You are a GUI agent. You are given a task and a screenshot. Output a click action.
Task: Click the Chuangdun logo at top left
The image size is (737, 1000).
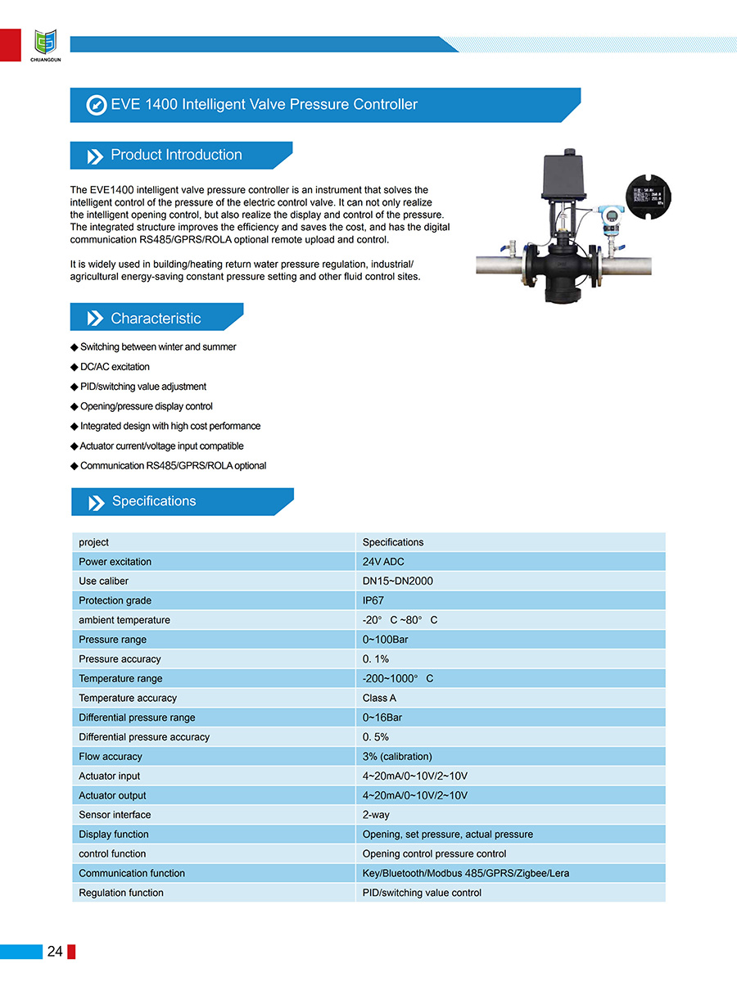pyautogui.click(x=46, y=43)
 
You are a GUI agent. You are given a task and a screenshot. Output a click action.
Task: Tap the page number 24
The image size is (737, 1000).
pyautogui.click(x=55, y=951)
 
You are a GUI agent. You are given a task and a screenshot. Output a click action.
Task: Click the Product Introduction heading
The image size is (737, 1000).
pyautogui.click(x=176, y=155)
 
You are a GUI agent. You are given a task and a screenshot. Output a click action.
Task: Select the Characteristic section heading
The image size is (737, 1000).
pyautogui.click(x=156, y=319)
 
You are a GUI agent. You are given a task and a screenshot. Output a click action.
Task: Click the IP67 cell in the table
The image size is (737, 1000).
pyautogui.click(x=373, y=600)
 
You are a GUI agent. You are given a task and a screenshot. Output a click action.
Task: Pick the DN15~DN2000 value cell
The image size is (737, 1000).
pyautogui.click(x=398, y=581)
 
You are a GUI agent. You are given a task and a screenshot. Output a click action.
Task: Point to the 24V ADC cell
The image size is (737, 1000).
pyautogui.click(x=383, y=562)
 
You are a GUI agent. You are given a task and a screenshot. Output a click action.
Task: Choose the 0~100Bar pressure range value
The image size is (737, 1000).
pyautogui.click(x=385, y=640)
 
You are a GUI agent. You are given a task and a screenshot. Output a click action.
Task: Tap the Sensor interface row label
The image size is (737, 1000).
pyautogui.click(x=115, y=815)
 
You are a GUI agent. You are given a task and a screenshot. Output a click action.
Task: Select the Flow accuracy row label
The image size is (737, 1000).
pyautogui.click(x=111, y=757)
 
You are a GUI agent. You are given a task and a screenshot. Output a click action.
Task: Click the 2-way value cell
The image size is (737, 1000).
pyautogui.click(x=376, y=815)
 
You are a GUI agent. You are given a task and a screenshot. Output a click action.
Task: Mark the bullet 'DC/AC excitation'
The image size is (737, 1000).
pyautogui.click(x=115, y=367)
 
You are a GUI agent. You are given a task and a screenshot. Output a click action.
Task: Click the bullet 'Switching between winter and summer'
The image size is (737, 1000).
pyautogui.click(x=158, y=347)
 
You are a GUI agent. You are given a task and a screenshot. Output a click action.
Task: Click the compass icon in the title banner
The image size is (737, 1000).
pyautogui.click(x=97, y=105)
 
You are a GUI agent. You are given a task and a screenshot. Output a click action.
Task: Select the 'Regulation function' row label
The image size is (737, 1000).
pyautogui.click(x=121, y=893)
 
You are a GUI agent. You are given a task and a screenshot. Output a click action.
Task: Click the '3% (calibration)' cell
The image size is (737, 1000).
pyautogui.click(x=397, y=757)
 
